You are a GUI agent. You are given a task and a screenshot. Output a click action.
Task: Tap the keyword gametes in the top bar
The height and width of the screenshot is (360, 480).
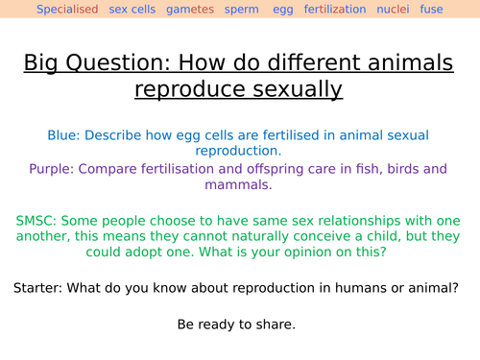191,10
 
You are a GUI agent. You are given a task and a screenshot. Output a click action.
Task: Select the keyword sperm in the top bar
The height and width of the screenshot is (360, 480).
241,10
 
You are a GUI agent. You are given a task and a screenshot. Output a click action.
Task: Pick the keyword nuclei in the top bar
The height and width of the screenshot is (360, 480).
393,10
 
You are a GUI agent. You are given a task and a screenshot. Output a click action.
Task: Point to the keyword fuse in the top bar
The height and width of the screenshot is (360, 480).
432,10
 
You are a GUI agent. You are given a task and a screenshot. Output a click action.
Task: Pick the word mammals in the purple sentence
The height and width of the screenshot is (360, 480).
229,184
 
